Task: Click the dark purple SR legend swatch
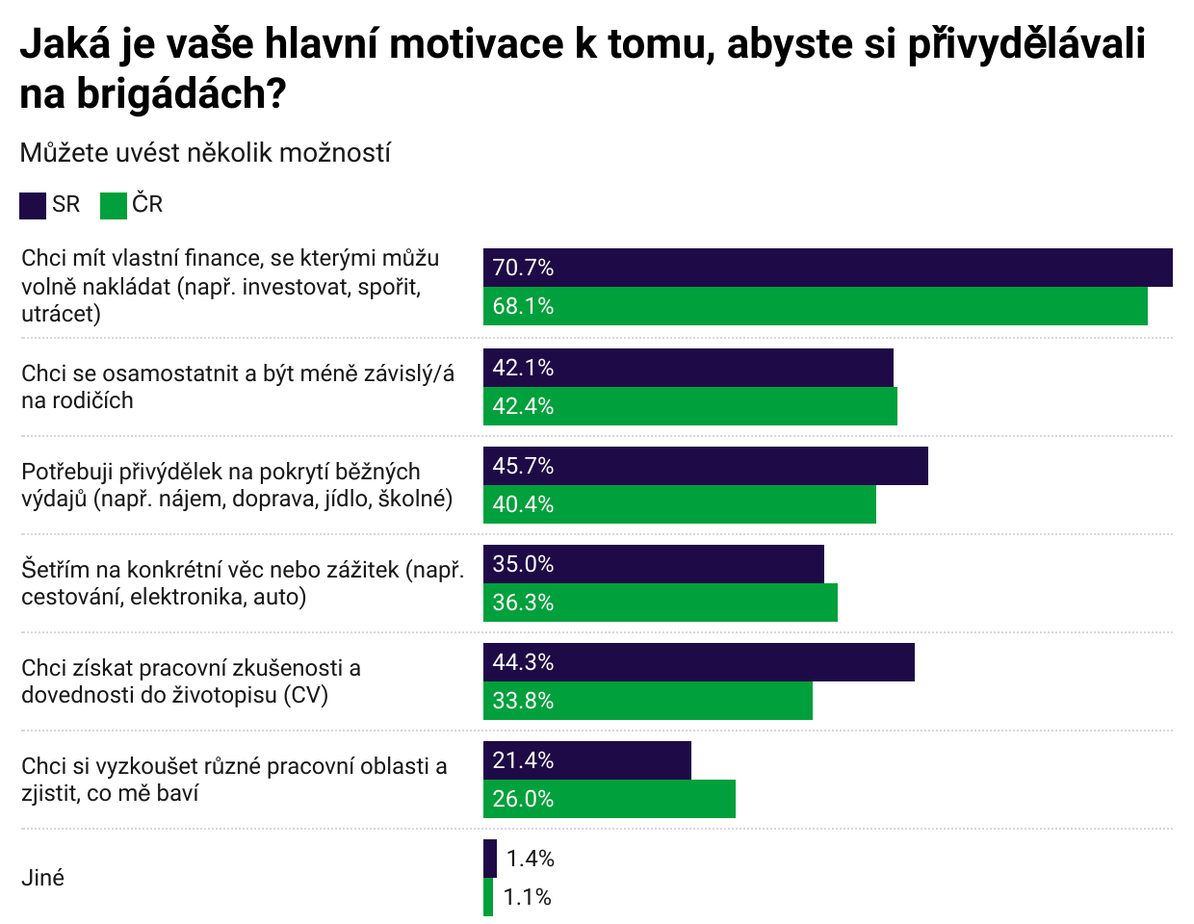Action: [33, 205]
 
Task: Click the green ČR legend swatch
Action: [114, 205]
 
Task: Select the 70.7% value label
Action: [523, 268]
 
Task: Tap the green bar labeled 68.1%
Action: [815, 306]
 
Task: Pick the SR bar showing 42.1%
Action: [688, 368]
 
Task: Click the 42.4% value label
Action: [523, 406]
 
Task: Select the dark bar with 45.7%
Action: [705, 466]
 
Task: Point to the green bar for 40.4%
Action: [679, 504]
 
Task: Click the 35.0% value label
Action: [523, 564]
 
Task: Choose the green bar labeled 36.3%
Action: [660, 603]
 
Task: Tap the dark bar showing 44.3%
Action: [698, 662]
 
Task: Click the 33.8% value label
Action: [523, 701]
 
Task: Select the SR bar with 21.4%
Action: [586, 760]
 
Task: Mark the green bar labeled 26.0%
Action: [609, 799]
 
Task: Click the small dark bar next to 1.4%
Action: [490, 859]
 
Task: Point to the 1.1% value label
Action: [527, 897]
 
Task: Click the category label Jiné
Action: [43, 878]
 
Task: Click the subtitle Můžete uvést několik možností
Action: [205, 153]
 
